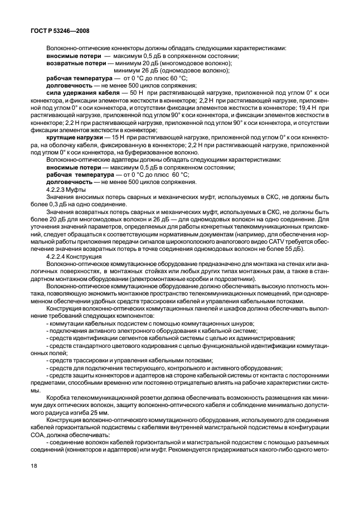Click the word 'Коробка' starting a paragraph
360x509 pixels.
pyautogui.click(x=61, y=394)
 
